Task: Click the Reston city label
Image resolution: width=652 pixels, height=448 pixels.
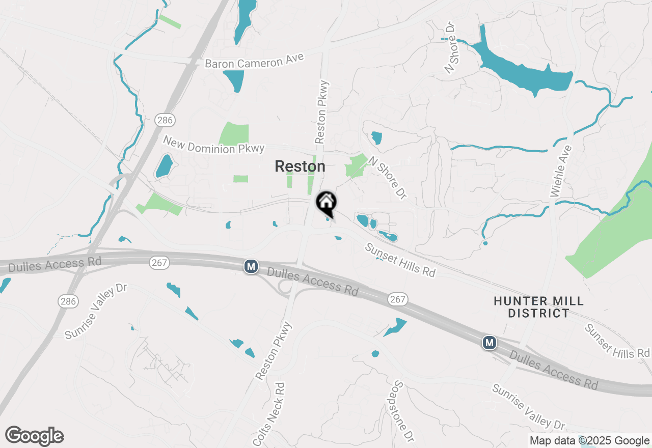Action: point(300,166)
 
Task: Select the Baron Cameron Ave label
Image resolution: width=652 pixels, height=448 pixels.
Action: point(254,60)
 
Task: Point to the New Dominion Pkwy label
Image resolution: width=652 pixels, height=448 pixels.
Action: point(214,145)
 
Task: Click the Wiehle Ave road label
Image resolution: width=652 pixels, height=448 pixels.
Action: point(561,172)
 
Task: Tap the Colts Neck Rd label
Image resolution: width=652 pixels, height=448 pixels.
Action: point(270,413)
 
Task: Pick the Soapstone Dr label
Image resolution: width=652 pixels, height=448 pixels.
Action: point(402,411)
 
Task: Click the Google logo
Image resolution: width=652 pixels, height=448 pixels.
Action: point(34,436)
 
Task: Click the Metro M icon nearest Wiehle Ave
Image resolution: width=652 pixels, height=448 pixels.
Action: point(490,343)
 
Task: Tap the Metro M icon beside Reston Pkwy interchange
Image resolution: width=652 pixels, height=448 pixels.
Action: point(251,266)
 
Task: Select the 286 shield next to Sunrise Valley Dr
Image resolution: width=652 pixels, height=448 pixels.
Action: point(68,301)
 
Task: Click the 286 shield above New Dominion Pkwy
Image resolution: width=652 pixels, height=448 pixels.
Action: point(165,120)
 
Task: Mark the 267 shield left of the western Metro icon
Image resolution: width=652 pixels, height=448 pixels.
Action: point(159,263)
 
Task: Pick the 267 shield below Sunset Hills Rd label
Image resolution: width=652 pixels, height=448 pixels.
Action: point(397,299)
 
